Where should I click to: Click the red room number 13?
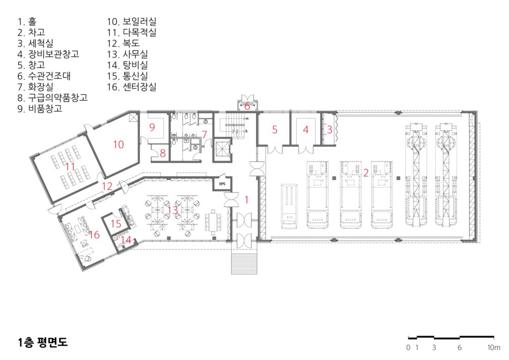(173, 210)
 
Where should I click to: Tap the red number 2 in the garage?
(366, 173)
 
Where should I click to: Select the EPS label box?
(222, 184)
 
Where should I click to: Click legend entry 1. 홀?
(27, 22)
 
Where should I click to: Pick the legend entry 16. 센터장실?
(132, 87)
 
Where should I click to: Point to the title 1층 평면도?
(43, 343)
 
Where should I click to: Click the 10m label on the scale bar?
(494, 348)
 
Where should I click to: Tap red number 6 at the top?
(247, 106)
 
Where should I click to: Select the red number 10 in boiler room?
(119, 145)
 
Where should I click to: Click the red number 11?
(70, 167)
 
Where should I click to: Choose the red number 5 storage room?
(275, 130)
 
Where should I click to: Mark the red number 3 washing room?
(329, 129)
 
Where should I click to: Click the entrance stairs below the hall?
(244, 262)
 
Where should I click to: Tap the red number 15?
(116, 224)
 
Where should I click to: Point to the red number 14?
(126, 240)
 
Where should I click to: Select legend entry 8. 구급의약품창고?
(52, 98)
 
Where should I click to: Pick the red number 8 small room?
(163, 153)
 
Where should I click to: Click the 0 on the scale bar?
(408, 348)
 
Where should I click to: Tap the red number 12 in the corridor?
(107, 186)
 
